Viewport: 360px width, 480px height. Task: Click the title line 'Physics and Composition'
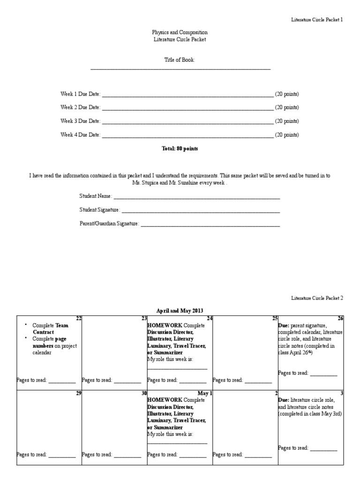pyautogui.click(x=180, y=32)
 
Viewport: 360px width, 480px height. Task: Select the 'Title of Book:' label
pyautogui.click(x=180, y=60)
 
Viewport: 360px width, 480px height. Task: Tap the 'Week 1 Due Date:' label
pyautogui.click(x=80, y=94)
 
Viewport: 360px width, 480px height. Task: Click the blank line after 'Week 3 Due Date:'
pyautogui.click(x=187, y=122)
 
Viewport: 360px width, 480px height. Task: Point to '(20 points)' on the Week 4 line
pyautogui.click(x=287, y=135)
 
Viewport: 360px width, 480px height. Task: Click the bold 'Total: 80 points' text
pyautogui.click(x=180, y=149)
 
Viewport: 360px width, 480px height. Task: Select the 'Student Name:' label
pyautogui.click(x=96, y=196)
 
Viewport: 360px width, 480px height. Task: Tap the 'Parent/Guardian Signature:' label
pyautogui.click(x=109, y=224)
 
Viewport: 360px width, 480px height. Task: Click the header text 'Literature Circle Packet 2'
pyautogui.click(x=317, y=298)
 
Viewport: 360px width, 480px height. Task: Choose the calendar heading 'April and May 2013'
pyautogui.click(x=180, y=310)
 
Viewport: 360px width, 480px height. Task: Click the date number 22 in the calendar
pyautogui.click(x=79, y=318)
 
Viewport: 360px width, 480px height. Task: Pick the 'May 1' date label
pyautogui.click(x=205, y=393)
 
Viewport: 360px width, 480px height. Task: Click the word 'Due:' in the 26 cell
pyautogui.click(x=284, y=325)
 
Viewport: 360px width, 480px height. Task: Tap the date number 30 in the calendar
pyautogui.click(x=144, y=393)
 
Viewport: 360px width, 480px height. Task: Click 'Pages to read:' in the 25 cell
pyautogui.click(x=228, y=380)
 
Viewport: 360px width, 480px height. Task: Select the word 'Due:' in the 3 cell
pyautogui.click(x=284, y=400)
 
